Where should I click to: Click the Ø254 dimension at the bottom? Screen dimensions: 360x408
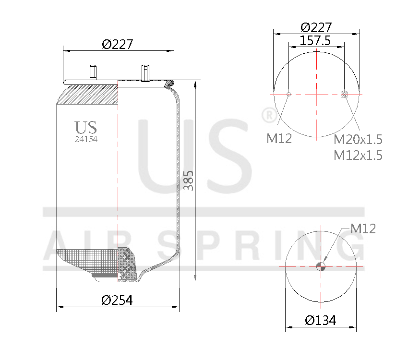(117, 300)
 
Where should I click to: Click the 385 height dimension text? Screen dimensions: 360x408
(189, 180)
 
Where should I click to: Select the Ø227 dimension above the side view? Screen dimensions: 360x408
(117, 44)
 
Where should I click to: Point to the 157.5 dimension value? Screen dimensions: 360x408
(315, 41)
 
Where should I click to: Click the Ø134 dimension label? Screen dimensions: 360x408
(321, 320)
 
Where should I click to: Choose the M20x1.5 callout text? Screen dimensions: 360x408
(358, 140)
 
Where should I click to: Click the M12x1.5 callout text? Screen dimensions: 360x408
(358, 155)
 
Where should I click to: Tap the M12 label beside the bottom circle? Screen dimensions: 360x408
(363, 229)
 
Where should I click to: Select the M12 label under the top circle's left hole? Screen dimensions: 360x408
(279, 139)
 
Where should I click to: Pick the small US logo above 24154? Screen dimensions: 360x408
(86, 128)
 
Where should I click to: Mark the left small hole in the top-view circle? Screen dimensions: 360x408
(288, 94)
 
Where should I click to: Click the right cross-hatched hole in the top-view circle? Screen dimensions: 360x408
(344, 94)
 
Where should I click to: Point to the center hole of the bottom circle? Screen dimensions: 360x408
(321, 266)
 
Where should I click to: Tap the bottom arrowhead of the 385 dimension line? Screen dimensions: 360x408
(195, 278)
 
